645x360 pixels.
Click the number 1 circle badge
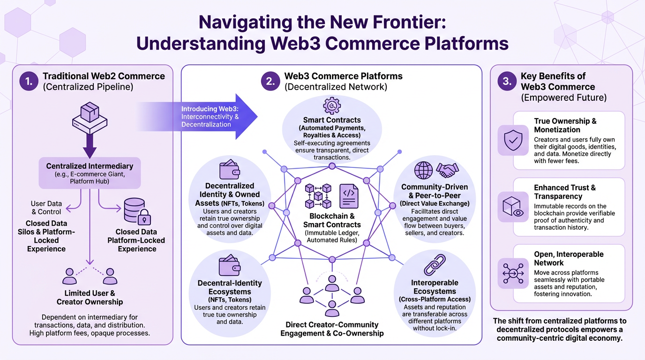tap(29, 82)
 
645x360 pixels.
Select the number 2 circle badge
tap(270, 82)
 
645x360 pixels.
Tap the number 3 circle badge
tap(507, 82)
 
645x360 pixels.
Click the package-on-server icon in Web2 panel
tap(90, 117)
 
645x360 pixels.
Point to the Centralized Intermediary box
tap(90, 172)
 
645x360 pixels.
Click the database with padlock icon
tap(137, 211)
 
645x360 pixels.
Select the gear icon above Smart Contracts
tap(332, 106)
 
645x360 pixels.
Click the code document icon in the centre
tap(349, 196)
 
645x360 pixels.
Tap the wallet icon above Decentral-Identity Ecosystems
tap(230, 266)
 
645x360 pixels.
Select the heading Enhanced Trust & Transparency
tap(564, 192)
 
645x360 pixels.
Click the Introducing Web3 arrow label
tap(210, 116)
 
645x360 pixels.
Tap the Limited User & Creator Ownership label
tap(90, 297)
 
